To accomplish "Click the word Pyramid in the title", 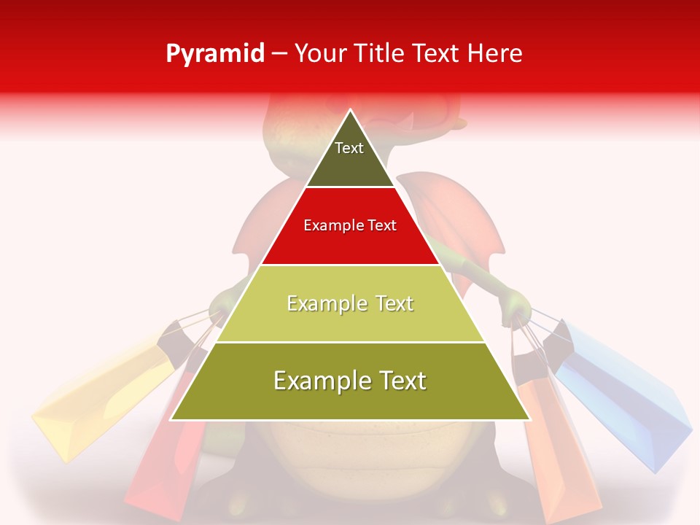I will pyautogui.click(x=214, y=54).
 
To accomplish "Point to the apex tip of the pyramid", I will pyautogui.click(x=350, y=112).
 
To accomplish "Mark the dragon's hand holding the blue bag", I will pyautogui.click(x=515, y=303).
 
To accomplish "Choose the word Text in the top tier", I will pyautogui.click(x=349, y=148).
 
